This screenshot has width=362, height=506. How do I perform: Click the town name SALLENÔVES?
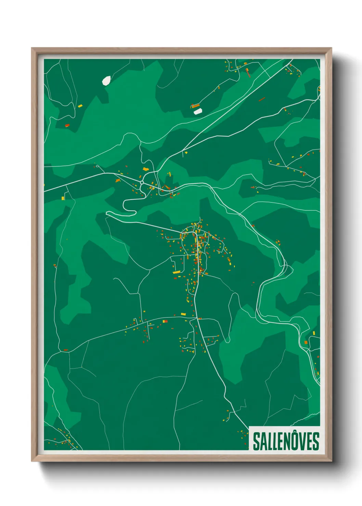pyautogui.click(x=286, y=441)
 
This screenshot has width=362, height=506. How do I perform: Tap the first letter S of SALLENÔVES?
pyautogui.click(x=256, y=441)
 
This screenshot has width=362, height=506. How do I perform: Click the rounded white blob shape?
pyautogui.click(x=106, y=81)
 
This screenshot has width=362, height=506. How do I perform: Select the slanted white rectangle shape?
pyautogui.click(x=198, y=111)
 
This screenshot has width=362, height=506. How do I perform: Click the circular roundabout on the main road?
pyautogui.click(x=142, y=183)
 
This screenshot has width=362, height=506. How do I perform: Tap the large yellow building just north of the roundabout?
pyautogui.click(x=146, y=169)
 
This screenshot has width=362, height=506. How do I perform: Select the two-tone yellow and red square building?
pyautogui.click(x=165, y=321)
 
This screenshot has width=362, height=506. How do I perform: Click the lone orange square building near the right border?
pyautogui.click(x=306, y=342)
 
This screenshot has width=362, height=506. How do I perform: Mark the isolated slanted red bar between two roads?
pyautogui.click(x=262, y=99)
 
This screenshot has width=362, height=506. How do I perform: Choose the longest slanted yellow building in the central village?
pyautogui.click(x=177, y=272)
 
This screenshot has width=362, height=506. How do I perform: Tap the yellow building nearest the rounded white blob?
pyautogui.click(x=80, y=106)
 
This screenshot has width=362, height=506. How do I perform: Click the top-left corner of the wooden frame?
pyautogui.click(x=32, y=48)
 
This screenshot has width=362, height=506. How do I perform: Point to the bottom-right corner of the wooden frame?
pyautogui.click(x=331, y=461)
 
